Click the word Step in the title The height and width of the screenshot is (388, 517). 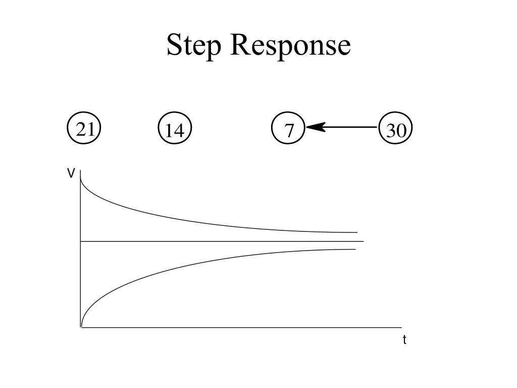(194, 45)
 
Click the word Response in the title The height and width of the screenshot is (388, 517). (290, 45)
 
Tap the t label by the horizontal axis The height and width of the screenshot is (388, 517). (404, 340)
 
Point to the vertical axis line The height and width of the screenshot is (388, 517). (81, 283)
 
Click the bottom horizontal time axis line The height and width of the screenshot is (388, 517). (242, 327)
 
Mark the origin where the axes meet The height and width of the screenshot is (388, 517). (81, 327)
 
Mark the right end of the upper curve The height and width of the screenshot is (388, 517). (356, 232)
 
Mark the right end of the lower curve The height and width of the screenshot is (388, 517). (355, 250)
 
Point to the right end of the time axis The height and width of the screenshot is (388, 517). (401, 327)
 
